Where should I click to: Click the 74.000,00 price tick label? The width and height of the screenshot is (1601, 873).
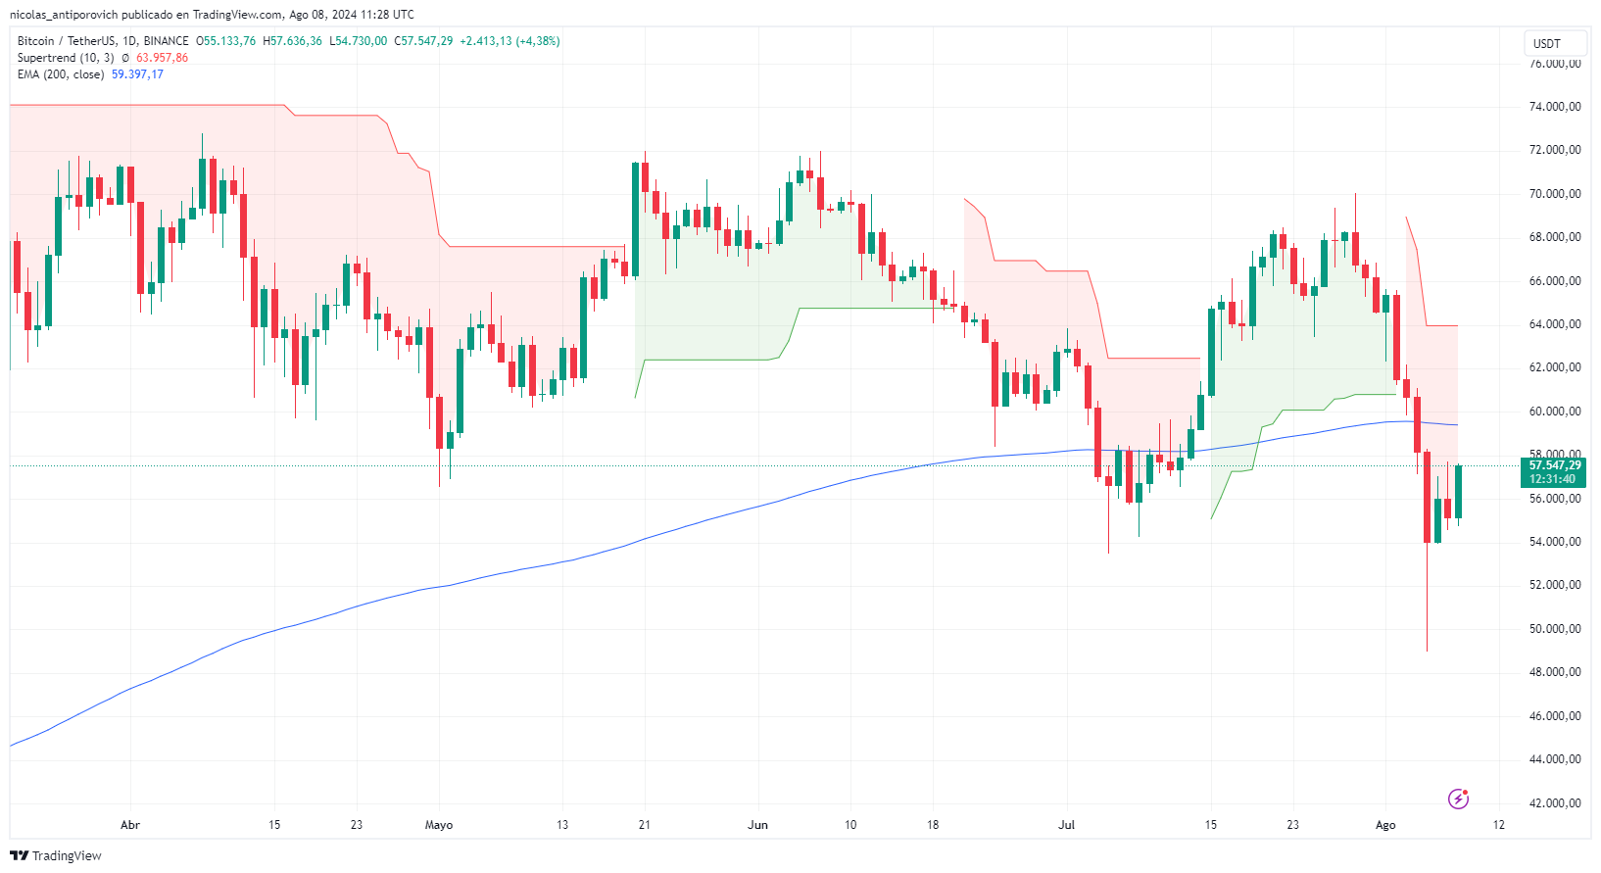click(1555, 107)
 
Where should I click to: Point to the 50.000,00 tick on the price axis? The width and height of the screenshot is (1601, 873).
click(1555, 629)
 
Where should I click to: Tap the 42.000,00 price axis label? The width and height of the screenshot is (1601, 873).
click(1555, 803)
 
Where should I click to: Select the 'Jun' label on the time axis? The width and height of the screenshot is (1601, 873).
click(757, 825)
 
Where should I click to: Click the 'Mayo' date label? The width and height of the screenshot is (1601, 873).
click(439, 825)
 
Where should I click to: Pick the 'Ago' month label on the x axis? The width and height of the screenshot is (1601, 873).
click(1385, 825)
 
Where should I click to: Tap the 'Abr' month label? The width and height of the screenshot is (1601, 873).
click(130, 825)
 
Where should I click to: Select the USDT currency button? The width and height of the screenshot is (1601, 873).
click(1547, 43)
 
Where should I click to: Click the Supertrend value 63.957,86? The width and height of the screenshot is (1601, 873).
click(162, 58)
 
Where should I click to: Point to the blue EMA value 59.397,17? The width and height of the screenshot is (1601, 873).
click(137, 74)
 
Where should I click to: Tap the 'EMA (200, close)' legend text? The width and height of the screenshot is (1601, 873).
click(61, 74)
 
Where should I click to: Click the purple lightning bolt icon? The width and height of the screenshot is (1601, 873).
click(1458, 799)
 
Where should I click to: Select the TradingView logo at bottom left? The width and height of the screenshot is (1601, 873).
click(56, 855)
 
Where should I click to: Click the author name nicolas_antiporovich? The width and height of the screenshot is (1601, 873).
click(64, 15)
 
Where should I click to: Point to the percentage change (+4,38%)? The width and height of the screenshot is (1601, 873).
click(538, 41)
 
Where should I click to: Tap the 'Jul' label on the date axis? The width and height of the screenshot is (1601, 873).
click(1066, 825)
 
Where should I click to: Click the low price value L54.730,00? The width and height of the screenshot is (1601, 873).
click(358, 41)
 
